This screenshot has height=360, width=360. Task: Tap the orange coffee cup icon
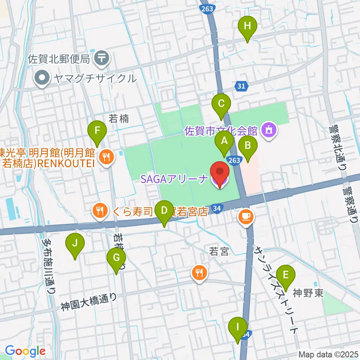click(246, 216)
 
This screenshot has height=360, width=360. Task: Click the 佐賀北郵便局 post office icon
click(102, 58)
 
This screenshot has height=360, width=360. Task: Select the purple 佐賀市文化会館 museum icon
click(269, 130)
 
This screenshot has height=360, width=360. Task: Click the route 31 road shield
click(241, 87)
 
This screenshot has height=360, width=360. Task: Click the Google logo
click(25, 351)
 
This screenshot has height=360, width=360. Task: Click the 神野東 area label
click(308, 292)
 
